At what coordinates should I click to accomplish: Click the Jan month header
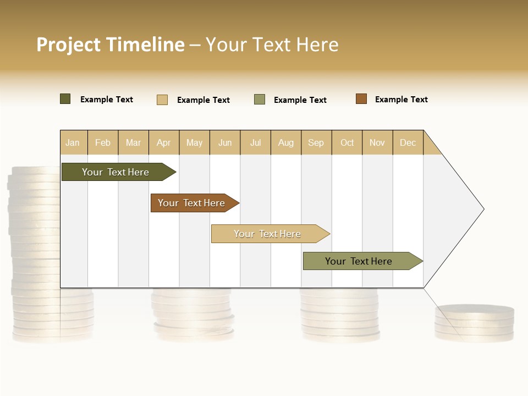click(73, 142)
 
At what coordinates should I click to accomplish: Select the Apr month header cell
click(164, 142)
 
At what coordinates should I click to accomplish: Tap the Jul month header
click(255, 142)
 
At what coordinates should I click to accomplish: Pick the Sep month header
click(316, 142)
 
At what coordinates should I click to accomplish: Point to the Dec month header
click(408, 142)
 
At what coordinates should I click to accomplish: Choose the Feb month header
click(103, 142)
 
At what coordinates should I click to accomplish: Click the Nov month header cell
click(377, 142)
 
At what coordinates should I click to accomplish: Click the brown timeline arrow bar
click(193, 203)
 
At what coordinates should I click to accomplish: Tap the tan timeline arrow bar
click(268, 234)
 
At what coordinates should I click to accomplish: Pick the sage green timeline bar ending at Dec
click(360, 261)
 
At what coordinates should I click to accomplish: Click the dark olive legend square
click(65, 99)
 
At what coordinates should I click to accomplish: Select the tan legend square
click(162, 100)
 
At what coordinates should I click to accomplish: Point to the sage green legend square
click(260, 100)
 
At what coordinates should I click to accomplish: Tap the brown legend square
click(361, 99)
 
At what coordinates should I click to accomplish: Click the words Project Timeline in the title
click(111, 45)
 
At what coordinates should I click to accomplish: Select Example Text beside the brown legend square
click(401, 100)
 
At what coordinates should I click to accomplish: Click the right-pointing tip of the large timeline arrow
click(481, 209)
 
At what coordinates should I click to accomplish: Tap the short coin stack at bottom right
click(474, 323)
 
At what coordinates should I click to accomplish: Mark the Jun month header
click(225, 142)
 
